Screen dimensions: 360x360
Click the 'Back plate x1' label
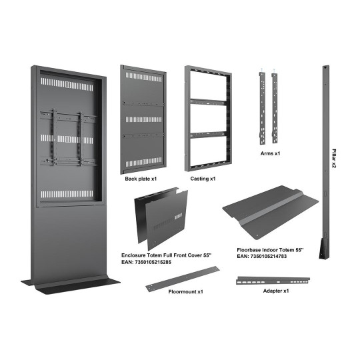tap(141, 179)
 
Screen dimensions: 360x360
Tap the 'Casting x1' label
tap(203, 179)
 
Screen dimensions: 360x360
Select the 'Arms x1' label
tap(270, 153)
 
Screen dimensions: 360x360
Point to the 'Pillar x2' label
tap(334, 159)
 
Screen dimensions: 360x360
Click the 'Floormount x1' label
tap(186, 291)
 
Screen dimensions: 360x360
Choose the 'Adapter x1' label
tap(276, 291)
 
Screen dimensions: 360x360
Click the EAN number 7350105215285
tap(153, 262)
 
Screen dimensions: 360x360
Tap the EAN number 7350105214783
tap(269, 256)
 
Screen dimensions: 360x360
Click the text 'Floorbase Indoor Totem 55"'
tap(270, 250)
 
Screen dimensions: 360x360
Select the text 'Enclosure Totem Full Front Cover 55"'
tap(166, 255)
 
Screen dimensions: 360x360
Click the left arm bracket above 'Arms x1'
tap(263, 108)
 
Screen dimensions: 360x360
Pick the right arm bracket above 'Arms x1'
tap(275, 108)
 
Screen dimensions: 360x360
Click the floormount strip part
tap(183, 279)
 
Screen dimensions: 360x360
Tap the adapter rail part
tap(273, 280)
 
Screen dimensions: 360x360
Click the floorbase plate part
tap(271, 213)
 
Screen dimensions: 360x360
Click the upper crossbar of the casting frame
tap(208, 103)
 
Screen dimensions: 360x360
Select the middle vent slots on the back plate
tap(144, 119)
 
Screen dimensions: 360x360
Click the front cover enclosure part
tap(161, 219)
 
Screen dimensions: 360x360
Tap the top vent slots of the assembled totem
tap(67, 85)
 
